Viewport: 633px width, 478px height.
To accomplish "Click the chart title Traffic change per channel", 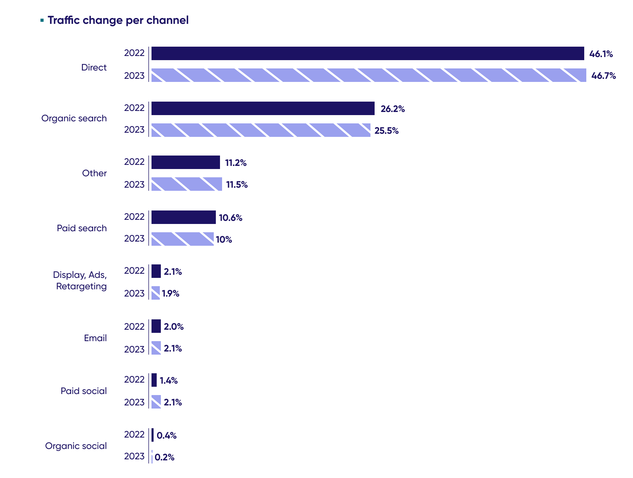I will (118, 20).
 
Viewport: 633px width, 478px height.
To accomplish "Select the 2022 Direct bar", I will (367, 54).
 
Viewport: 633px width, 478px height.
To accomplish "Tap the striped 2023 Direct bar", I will (368, 75).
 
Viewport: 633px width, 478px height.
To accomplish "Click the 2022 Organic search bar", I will (263, 109).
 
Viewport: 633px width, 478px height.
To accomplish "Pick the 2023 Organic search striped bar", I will (261, 130).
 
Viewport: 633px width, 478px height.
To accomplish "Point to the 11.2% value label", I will (236, 163).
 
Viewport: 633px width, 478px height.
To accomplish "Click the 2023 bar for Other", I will (187, 184).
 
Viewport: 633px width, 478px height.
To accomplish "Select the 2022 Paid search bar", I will (183, 217).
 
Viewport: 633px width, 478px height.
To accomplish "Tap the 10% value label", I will (224, 240).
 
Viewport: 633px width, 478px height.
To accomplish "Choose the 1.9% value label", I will (171, 293).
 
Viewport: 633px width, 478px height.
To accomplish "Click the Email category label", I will (95, 338).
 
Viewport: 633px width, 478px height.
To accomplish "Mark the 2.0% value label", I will (174, 327).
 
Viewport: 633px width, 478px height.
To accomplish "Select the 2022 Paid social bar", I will (154, 380).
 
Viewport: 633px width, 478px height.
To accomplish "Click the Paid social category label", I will (84, 391).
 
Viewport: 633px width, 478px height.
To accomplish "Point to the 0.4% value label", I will (166, 435).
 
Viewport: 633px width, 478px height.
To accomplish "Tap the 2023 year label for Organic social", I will (134, 456).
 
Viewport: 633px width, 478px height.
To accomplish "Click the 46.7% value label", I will (603, 76).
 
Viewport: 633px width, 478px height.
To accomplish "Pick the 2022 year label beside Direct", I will (134, 53).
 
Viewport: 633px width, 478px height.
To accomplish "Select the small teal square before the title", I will (42, 20).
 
